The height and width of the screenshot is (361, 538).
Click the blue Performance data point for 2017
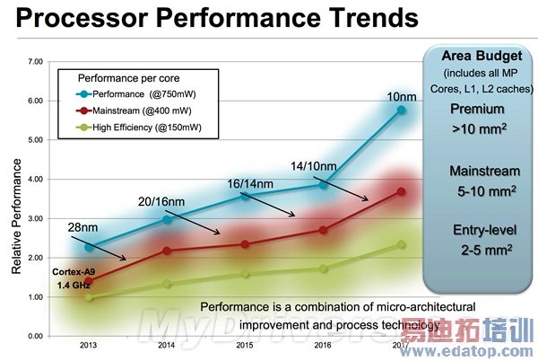click(401, 110)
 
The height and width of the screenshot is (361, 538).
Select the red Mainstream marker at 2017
click(401, 191)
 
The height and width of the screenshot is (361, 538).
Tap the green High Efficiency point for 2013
click(87, 296)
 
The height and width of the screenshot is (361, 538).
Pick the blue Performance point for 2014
click(166, 219)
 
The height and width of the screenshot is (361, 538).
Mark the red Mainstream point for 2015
click(245, 244)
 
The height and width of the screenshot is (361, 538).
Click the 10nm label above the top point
click(400, 97)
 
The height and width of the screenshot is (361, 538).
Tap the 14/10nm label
click(314, 165)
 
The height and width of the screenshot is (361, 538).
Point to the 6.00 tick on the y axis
click(36, 101)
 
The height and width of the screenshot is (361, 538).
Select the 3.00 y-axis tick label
click(36, 218)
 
